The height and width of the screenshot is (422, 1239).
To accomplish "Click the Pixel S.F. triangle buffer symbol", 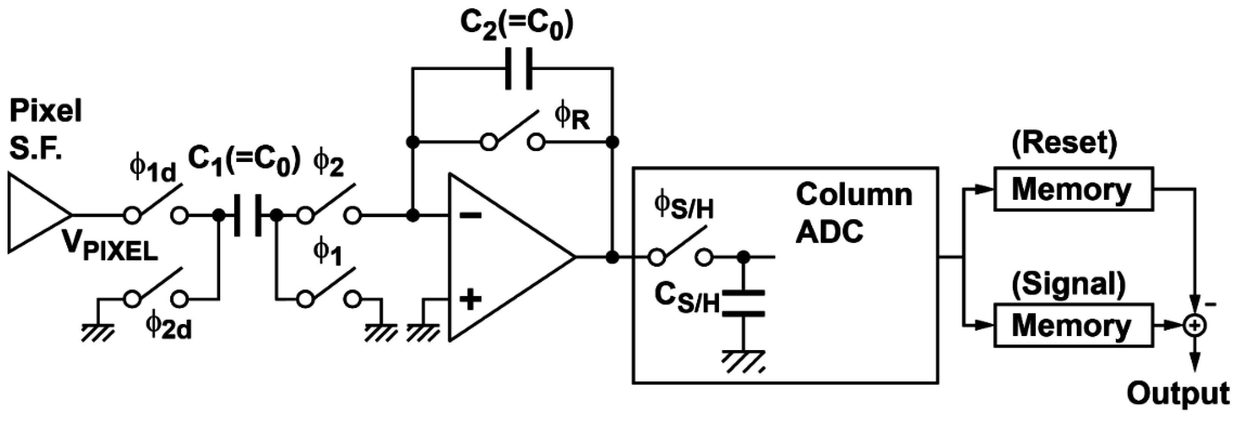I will [34, 213].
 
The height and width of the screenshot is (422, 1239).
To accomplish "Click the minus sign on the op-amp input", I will [470, 216].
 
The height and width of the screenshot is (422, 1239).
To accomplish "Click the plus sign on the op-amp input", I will [470, 299].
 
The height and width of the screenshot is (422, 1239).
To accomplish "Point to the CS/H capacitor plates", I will [744, 303].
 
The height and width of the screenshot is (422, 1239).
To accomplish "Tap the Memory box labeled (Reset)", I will [1073, 189].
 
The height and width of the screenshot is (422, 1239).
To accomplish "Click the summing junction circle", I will [1195, 326].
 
